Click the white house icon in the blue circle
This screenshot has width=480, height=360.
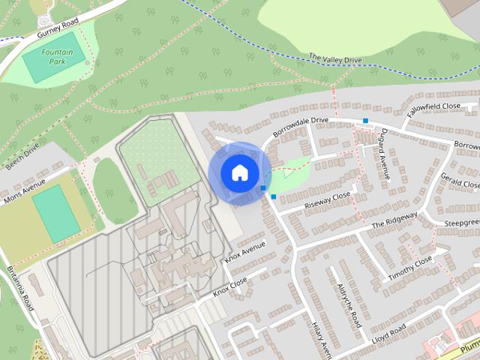[x=239, y=172]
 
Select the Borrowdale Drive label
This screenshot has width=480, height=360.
[x=301, y=125]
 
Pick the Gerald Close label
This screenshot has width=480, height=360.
[x=459, y=179]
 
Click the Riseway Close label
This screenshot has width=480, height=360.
[x=327, y=200]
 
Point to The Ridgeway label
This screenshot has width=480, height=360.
[x=394, y=220]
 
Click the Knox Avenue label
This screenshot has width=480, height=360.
[x=245, y=253]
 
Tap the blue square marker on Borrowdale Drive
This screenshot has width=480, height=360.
[x=365, y=121]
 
